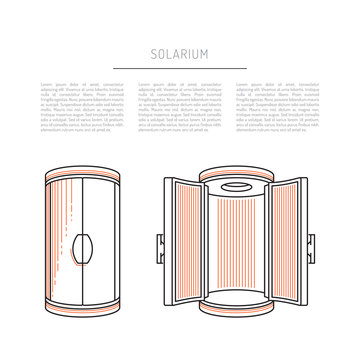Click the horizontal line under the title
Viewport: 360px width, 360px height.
pyautogui.click(x=180, y=68)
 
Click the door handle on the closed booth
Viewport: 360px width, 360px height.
pyautogui.click(x=83, y=244)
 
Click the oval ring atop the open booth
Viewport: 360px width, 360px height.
pyautogui.click(x=233, y=185)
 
